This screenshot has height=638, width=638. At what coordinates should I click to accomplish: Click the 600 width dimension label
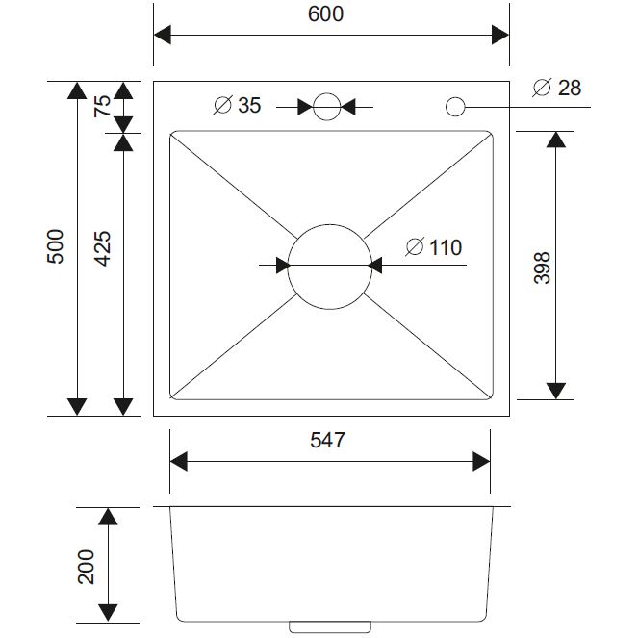tap(325, 14)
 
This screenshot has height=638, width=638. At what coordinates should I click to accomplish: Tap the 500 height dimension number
tap(56, 246)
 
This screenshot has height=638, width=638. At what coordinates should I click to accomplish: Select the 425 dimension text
tap(103, 248)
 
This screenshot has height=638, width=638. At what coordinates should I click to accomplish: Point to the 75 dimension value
tap(102, 106)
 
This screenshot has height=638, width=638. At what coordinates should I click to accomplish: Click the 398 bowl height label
tap(542, 268)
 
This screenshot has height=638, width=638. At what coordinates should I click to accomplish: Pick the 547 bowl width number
tap(327, 440)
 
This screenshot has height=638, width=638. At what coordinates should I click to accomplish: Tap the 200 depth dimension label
tap(86, 567)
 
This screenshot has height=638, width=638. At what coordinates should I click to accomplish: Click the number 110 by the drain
tap(446, 247)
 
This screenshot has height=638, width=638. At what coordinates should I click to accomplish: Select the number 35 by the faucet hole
tap(249, 105)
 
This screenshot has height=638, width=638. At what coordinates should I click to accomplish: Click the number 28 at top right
tap(570, 88)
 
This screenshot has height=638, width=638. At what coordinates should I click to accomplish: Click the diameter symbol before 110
tap(415, 246)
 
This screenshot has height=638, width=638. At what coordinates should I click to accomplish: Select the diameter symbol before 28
tap(542, 87)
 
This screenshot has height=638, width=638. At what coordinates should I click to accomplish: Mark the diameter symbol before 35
tap(222, 105)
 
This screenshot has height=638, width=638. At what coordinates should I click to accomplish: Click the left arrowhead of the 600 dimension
tap(163, 35)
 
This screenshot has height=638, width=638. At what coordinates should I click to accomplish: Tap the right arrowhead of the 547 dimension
tap(481, 461)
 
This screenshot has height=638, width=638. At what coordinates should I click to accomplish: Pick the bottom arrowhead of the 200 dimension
tap(108, 613)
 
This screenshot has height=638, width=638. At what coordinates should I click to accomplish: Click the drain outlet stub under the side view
tap(329, 627)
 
